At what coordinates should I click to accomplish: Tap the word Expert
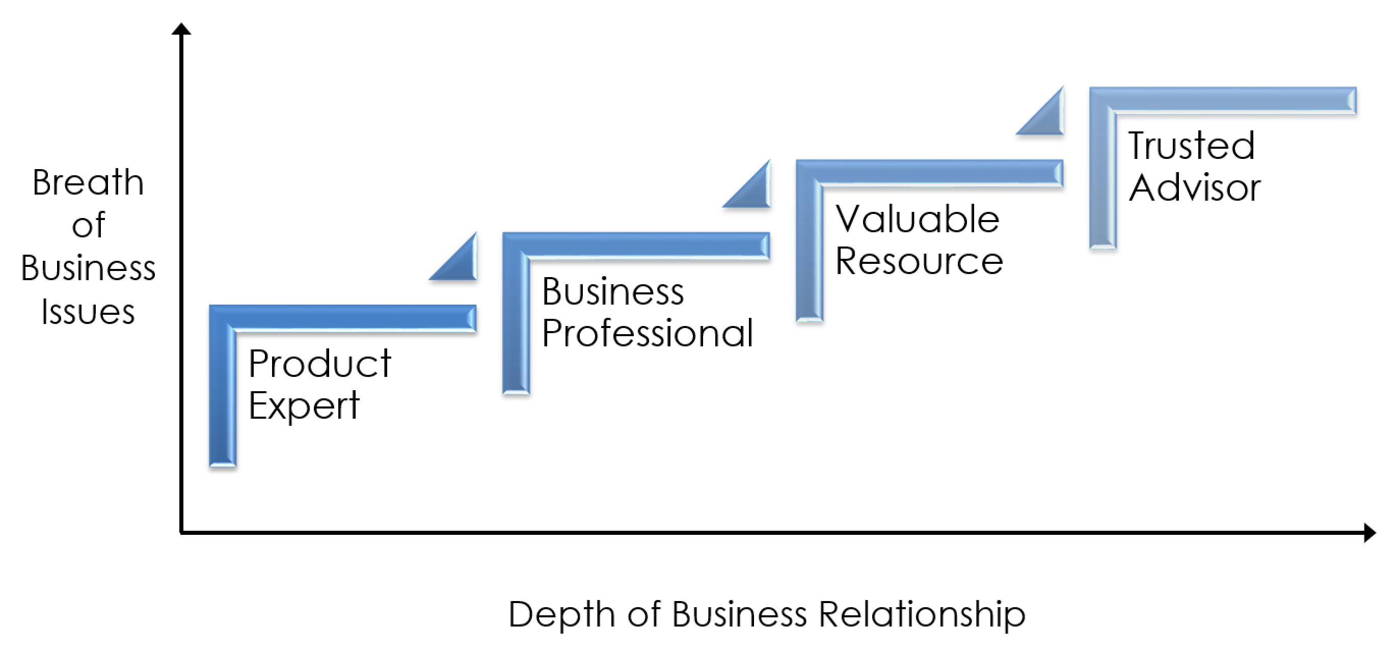(x=304, y=405)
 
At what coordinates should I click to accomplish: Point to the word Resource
(x=919, y=261)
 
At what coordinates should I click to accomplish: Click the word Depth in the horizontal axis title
(x=561, y=614)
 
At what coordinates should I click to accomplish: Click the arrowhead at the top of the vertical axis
(x=181, y=29)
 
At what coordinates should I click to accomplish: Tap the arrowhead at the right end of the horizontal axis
(x=1369, y=532)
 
